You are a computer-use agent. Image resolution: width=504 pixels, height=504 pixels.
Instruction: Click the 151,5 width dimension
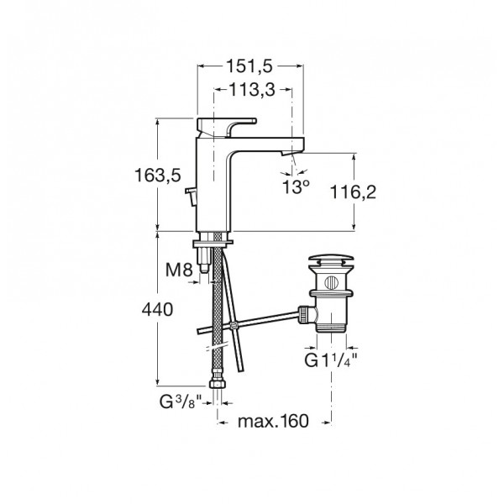click(249, 66)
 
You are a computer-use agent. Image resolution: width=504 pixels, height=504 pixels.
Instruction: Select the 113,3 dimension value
click(252, 90)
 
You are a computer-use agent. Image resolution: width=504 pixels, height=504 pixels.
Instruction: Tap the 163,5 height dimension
click(158, 176)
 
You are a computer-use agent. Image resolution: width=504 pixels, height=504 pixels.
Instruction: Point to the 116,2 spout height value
click(353, 192)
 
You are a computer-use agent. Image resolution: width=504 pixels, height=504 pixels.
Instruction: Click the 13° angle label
click(296, 187)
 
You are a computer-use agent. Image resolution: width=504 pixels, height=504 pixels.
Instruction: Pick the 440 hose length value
click(158, 310)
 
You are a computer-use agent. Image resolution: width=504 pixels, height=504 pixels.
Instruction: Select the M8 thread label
click(179, 270)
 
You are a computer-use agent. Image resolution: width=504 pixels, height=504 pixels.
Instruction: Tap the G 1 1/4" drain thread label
click(331, 360)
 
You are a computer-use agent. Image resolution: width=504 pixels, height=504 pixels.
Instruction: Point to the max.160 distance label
click(273, 421)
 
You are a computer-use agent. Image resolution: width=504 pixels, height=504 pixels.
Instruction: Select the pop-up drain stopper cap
click(331, 260)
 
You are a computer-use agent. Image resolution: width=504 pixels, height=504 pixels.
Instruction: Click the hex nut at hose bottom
click(218, 383)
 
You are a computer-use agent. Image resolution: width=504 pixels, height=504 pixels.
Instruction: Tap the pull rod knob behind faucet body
click(191, 196)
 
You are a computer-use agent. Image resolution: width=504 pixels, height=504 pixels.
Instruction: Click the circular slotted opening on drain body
click(332, 283)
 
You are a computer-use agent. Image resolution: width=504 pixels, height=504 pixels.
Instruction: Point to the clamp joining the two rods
click(234, 326)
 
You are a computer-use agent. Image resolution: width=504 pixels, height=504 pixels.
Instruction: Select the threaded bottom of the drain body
click(331, 328)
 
